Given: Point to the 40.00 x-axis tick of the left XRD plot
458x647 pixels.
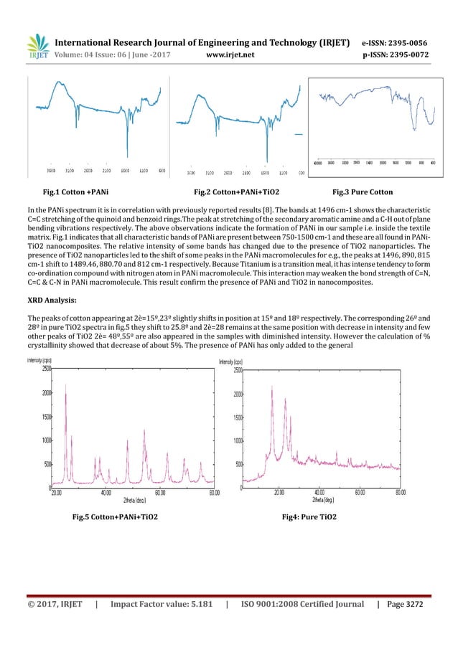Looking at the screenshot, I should coord(106,493).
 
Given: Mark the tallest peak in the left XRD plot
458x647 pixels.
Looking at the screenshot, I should coord(65,385).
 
